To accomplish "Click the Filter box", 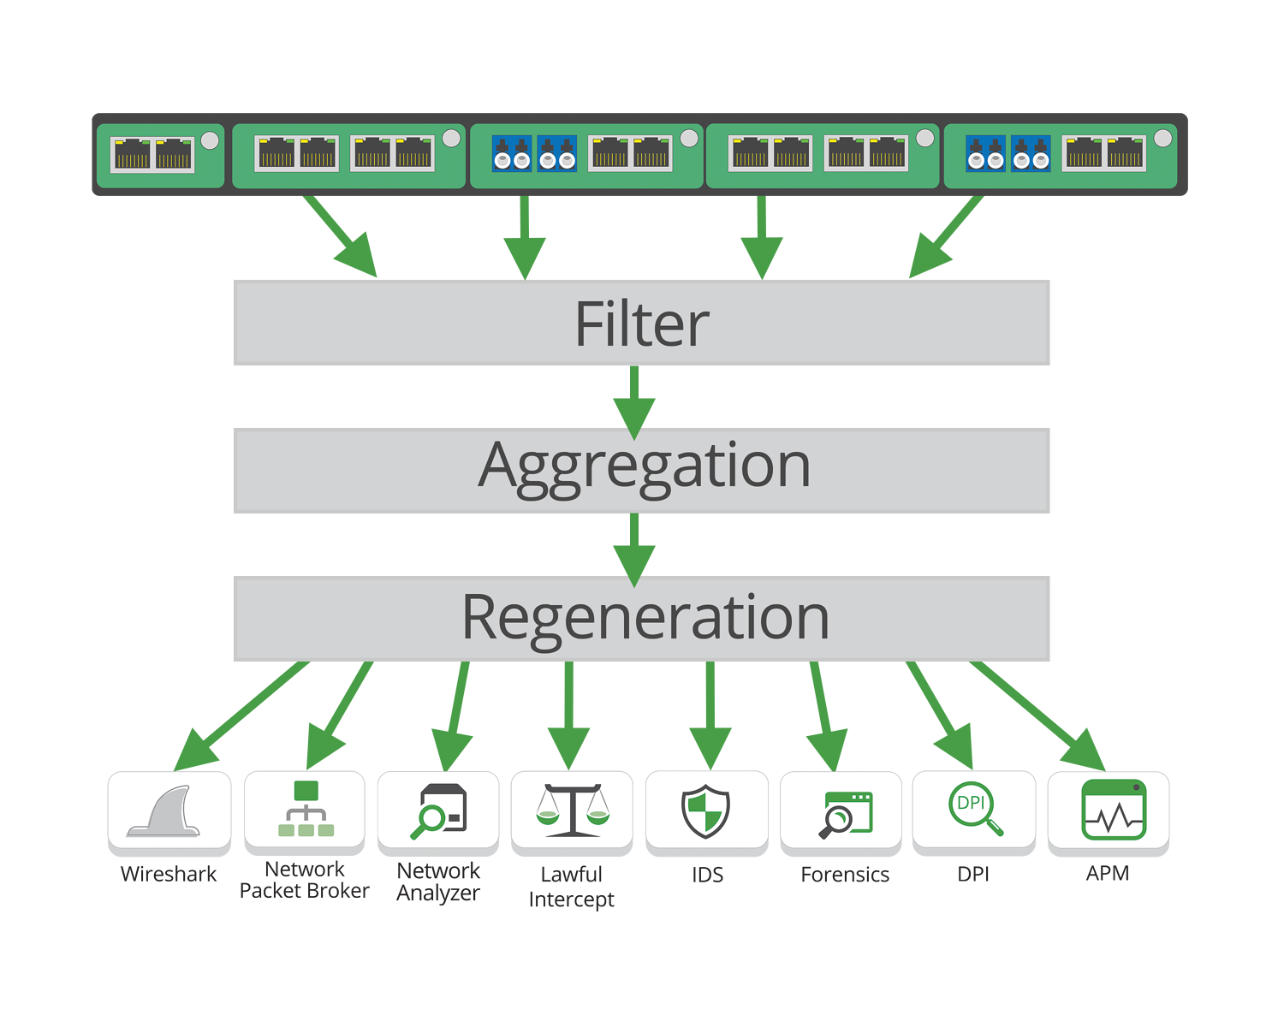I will click(x=641, y=324).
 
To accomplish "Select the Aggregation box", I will click(x=641, y=470).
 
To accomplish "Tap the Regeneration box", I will click(x=641, y=618).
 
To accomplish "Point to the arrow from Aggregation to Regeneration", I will click(x=634, y=547).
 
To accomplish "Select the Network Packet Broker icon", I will click(x=305, y=810).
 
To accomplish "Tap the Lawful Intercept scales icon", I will click(x=572, y=810).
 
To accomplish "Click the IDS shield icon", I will click(x=706, y=810).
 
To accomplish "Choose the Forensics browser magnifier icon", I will click(x=844, y=813).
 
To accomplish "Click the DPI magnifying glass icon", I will click(x=974, y=809).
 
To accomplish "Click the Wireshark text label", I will click(x=169, y=875).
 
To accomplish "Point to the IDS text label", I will click(x=707, y=875).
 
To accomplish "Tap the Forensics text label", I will click(x=845, y=875).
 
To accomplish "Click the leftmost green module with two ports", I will click(x=159, y=155).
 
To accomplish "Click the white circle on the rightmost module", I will click(x=1162, y=138).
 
